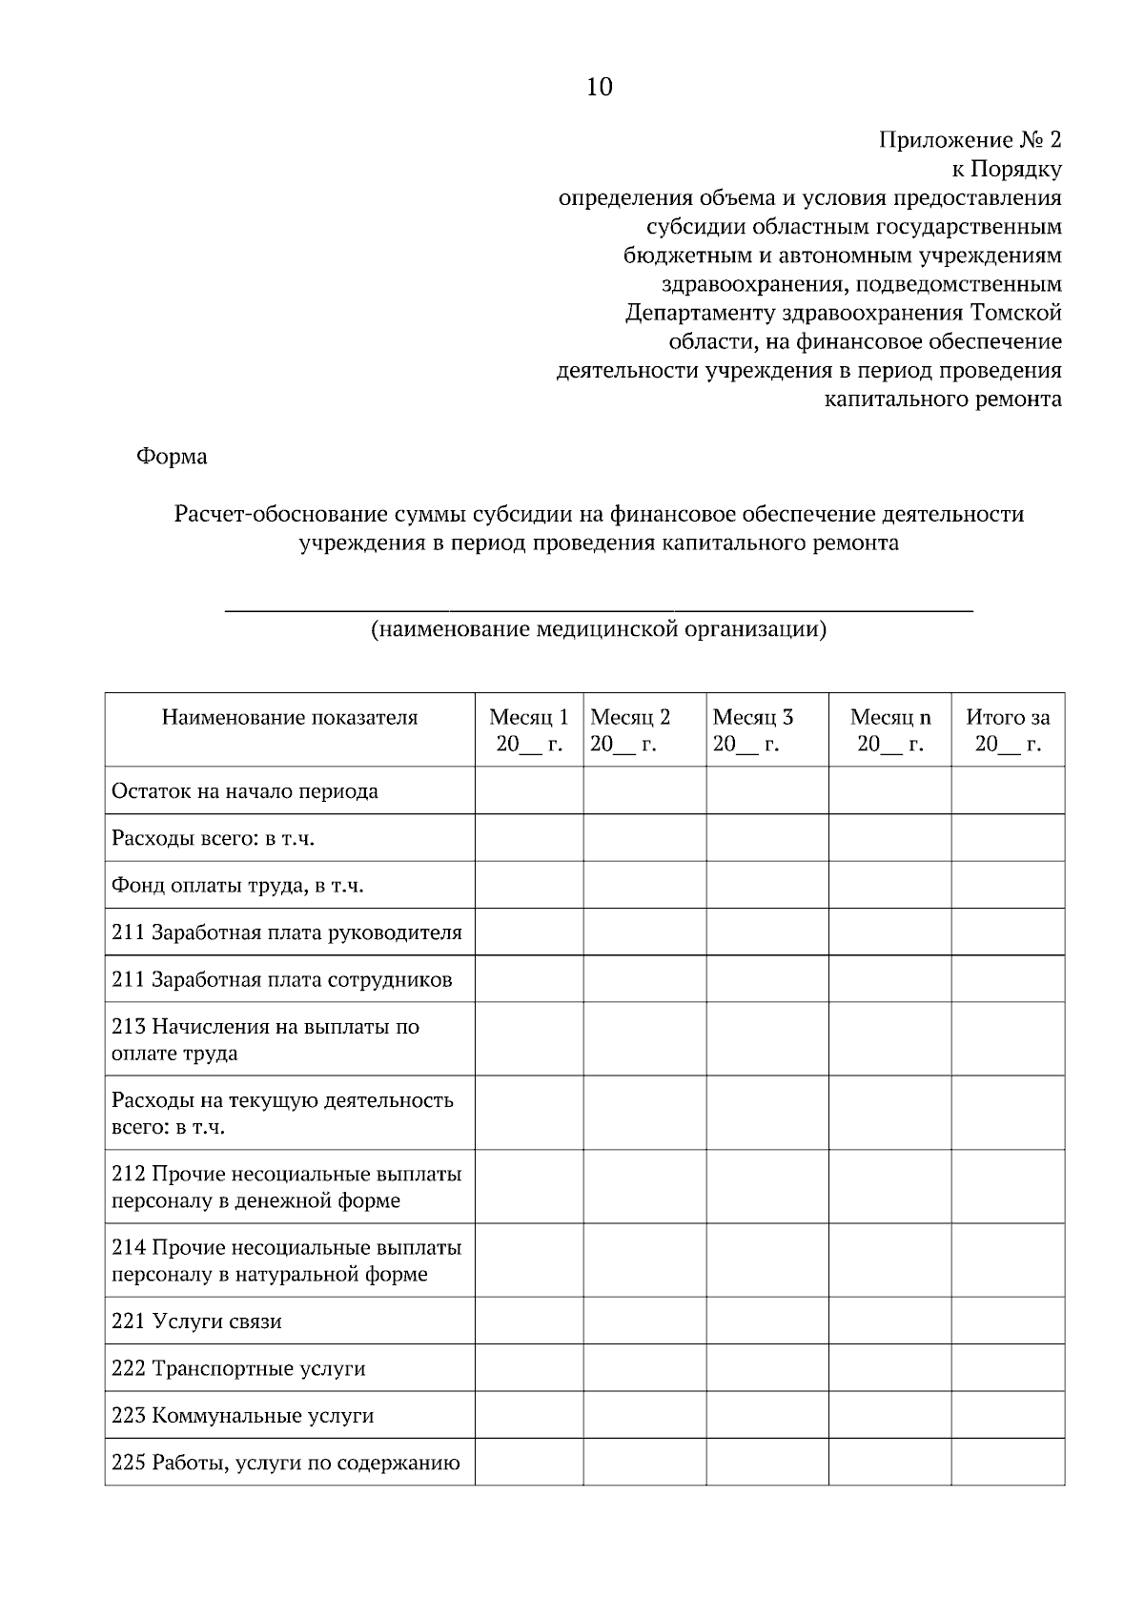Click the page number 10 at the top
tap(599, 88)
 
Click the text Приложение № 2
tap(969, 140)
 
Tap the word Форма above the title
tap(172, 457)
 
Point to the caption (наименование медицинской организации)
tap(598, 629)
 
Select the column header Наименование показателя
tap(290, 718)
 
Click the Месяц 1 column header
tap(529, 730)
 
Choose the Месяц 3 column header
tap(752, 730)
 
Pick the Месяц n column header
tap(890, 730)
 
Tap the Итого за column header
tap(1008, 730)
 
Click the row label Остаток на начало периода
tap(245, 791)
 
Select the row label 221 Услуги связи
tap(196, 1322)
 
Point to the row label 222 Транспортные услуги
tap(238, 1368)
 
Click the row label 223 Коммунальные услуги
tap(242, 1415)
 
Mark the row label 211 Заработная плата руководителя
tap(286, 932)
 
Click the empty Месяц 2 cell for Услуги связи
tap(644, 1322)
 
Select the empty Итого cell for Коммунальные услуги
tap(1008, 1415)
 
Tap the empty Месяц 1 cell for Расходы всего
tap(529, 838)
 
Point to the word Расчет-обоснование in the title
tap(281, 515)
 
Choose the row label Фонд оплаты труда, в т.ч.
tap(238, 886)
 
